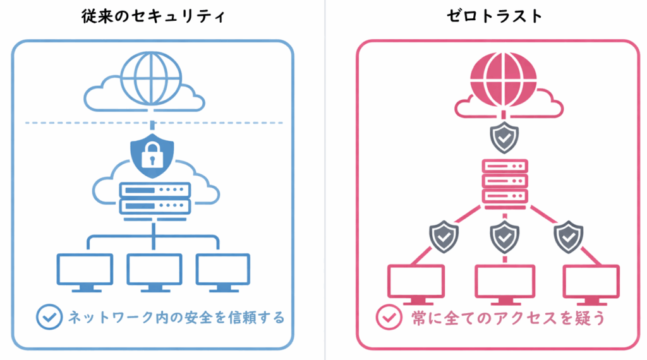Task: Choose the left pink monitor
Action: click(x=416, y=284)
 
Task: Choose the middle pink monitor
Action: click(x=504, y=284)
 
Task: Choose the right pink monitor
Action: click(x=591, y=284)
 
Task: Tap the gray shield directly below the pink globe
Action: click(x=504, y=138)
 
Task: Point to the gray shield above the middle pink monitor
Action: click(x=504, y=236)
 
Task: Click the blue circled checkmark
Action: click(x=48, y=317)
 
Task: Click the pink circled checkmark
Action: click(x=387, y=317)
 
